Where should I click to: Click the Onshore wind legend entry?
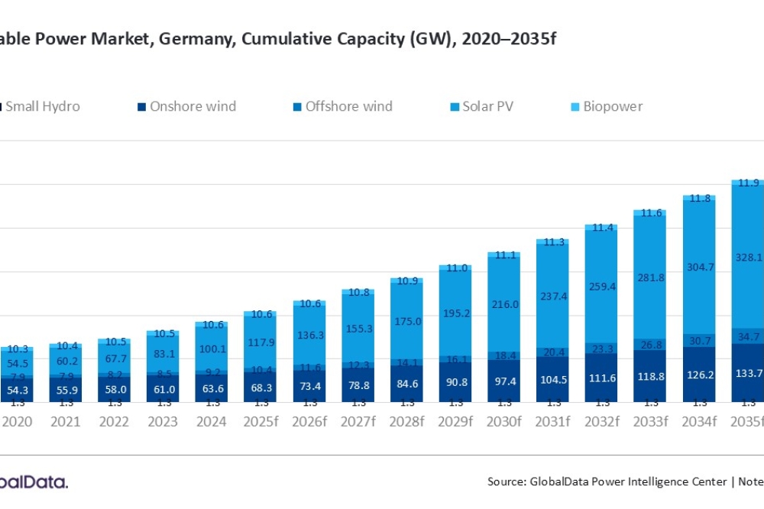click(193, 106)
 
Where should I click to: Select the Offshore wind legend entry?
click(348, 106)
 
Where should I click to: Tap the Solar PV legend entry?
click(487, 106)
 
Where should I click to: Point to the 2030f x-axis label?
click(504, 421)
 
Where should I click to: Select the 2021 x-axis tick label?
click(66, 421)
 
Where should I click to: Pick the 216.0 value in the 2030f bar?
click(504, 303)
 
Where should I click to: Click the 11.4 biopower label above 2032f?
click(601, 228)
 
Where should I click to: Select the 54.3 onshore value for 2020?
click(18, 390)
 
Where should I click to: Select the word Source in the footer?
click(506, 481)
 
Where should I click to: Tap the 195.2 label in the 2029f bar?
click(455, 314)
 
